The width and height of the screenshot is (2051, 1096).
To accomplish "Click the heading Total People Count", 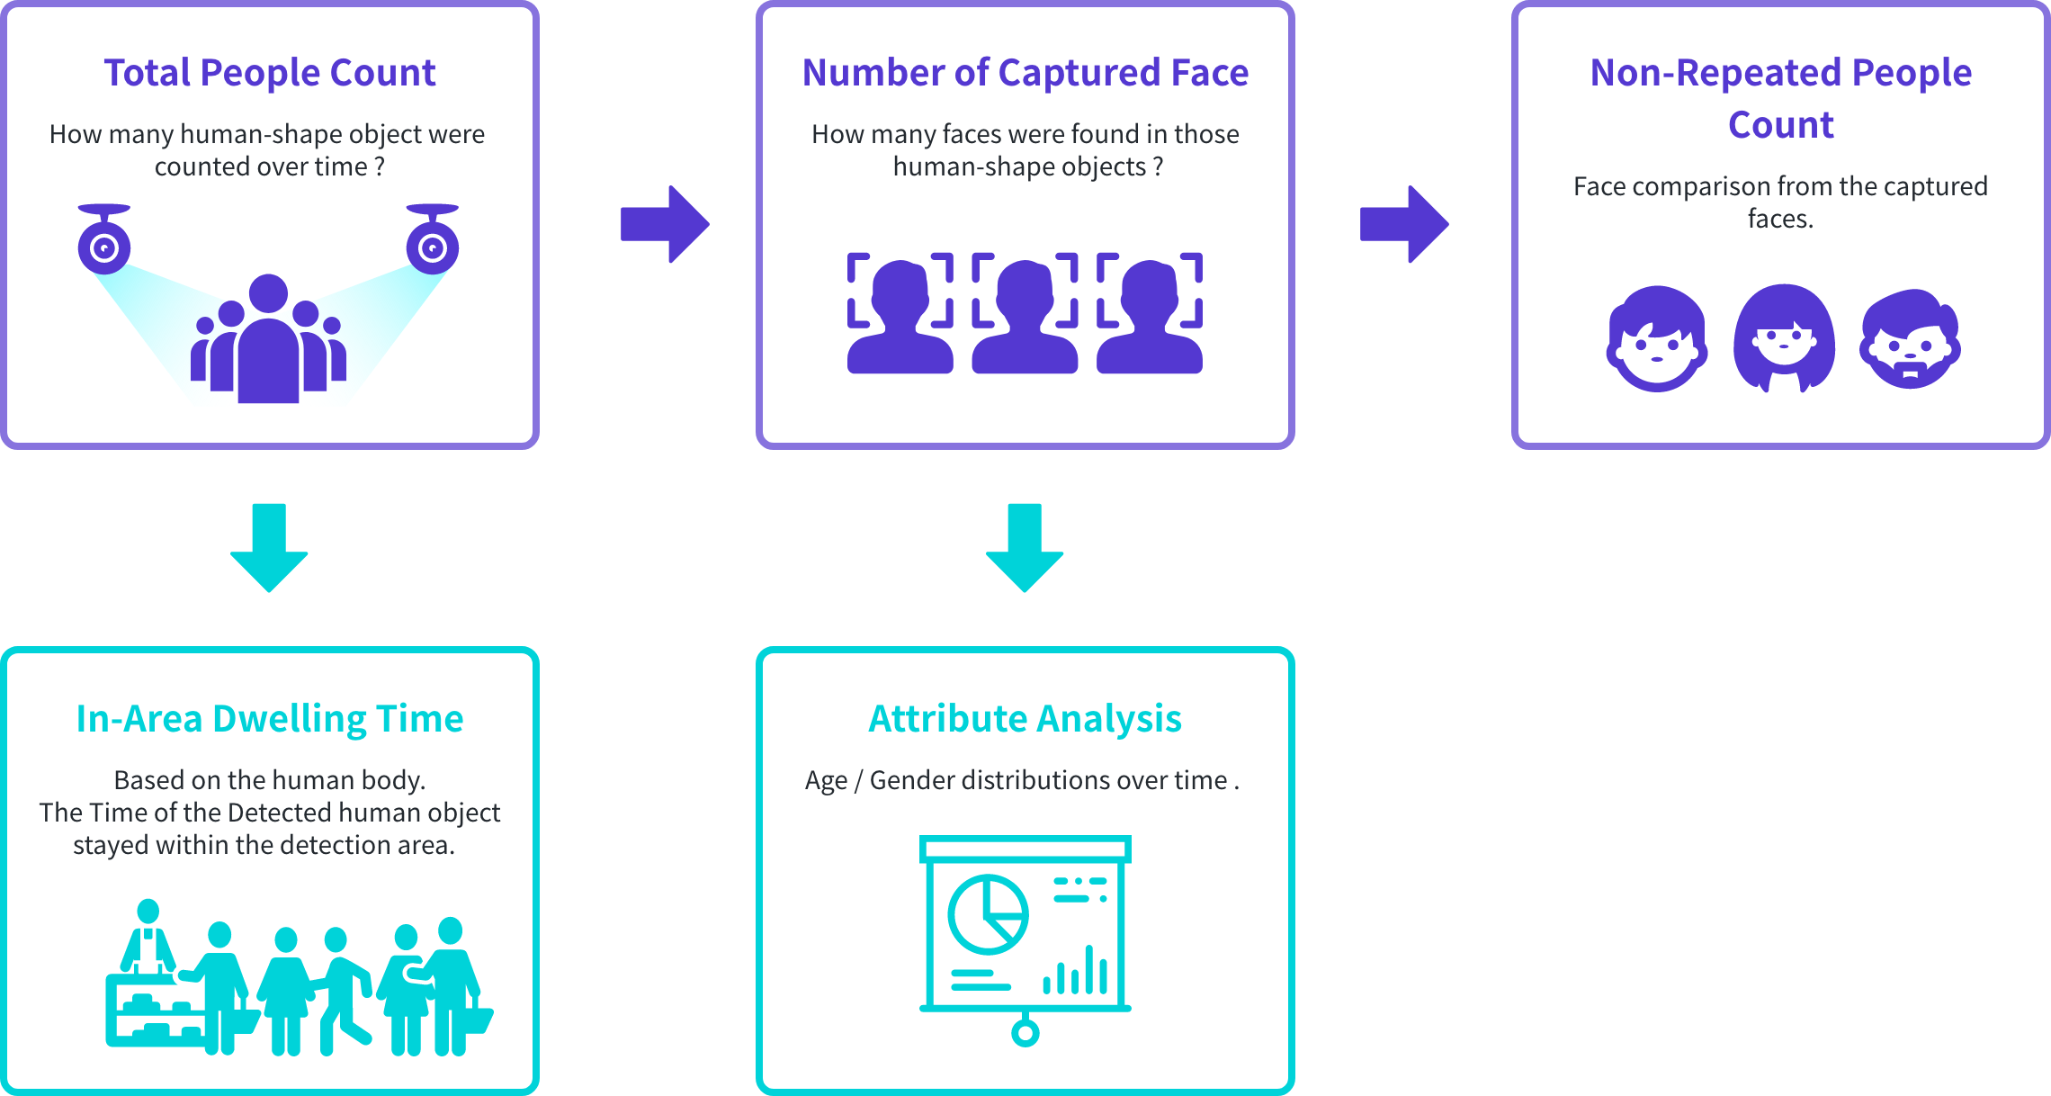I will click(x=270, y=73).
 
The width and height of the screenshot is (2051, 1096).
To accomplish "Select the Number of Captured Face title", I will click(x=1025, y=73).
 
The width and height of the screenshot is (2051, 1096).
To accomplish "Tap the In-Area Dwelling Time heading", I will click(x=270, y=719).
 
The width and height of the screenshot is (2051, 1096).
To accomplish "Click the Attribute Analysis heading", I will click(x=1025, y=719).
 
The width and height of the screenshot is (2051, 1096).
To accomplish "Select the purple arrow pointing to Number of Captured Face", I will click(x=665, y=224).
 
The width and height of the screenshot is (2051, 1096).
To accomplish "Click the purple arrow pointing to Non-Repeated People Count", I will click(x=1404, y=224).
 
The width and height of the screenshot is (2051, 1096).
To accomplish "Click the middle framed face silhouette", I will click(x=1025, y=314).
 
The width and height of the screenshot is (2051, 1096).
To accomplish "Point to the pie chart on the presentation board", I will click(x=988, y=914).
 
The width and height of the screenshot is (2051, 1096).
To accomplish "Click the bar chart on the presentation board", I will click(x=1075, y=972).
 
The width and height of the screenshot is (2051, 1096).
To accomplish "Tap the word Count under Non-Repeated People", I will click(x=1780, y=125).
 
